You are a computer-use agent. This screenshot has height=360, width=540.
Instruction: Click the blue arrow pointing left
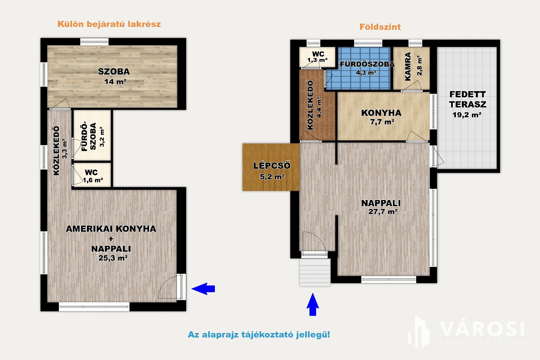[x=203, y=289]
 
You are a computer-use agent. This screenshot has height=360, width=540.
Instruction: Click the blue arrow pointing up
[x=312, y=304]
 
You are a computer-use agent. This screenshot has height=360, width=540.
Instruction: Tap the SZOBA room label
[x=114, y=72]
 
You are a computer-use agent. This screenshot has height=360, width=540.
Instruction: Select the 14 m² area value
[x=115, y=82]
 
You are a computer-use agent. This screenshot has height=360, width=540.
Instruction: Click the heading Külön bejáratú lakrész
[x=109, y=24]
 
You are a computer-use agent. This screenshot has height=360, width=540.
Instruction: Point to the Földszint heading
[x=380, y=27]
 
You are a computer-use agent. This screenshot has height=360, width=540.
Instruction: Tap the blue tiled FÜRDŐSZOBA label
[x=367, y=64]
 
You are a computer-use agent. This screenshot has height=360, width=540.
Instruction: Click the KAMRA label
[x=408, y=67]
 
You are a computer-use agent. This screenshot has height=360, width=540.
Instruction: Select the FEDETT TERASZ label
[x=467, y=99]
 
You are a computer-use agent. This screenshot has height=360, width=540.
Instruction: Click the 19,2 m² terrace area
[x=467, y=115]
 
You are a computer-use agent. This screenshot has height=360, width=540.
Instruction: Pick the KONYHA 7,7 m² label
[x=381, y=117]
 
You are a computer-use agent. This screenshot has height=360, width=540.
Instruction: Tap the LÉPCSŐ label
[x=272, y=166]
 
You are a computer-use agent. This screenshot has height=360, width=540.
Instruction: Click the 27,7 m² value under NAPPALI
[x=383, y=212]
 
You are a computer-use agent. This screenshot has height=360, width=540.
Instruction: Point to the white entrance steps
[x=315, y=272]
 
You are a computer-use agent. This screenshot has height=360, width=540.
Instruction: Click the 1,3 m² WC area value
[x=317, y=60]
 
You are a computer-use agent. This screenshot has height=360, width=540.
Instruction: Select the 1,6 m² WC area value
[x=93, y=180]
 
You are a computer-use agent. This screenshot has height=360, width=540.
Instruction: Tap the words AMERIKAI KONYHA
[x=111, y=229]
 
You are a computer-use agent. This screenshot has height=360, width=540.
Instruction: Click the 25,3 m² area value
[x=113, y=258]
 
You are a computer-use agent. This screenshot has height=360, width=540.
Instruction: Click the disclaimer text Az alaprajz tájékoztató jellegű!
[x=259, y=335]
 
